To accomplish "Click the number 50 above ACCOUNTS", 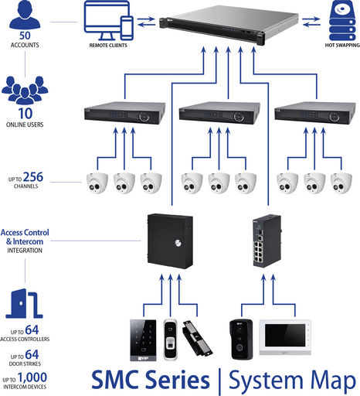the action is (x=25, y=36).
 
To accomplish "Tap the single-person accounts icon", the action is (x=25, y=15).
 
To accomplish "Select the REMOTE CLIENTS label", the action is (x=108, y=46).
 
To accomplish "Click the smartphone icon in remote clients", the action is (x=127, y=28).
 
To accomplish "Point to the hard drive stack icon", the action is (x=342, y=20).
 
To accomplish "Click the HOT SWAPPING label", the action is (x=342, y=45).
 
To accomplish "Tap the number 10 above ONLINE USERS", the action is (x=25, y=114).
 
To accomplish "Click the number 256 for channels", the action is (x=33, y=177).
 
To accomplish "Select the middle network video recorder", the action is (x=219, y=113).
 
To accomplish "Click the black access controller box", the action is (x=170, y=241).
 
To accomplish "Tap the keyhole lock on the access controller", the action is (x=178, y=242).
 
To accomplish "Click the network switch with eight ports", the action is (x=267, y=241).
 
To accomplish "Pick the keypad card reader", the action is (x=143, y=340).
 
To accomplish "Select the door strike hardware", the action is (x=197, y=338).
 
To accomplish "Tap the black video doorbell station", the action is (x=241, y=340).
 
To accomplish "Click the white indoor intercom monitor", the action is (x=285, y=337).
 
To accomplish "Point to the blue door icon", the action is (x=24, y=303).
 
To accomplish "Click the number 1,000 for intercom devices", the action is (x=32, y=378).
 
